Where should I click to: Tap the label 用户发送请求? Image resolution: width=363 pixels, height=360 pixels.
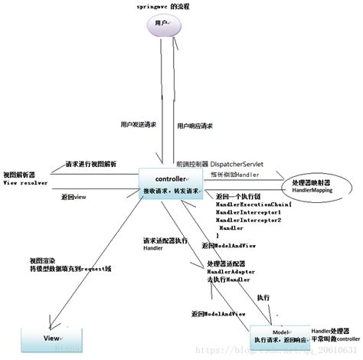140,123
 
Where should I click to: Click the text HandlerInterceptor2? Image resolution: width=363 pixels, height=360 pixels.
249,220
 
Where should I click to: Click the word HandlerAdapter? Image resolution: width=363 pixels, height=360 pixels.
231,272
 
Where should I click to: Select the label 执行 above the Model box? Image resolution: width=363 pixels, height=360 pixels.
263,296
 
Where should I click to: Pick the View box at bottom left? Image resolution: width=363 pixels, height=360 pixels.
51,338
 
